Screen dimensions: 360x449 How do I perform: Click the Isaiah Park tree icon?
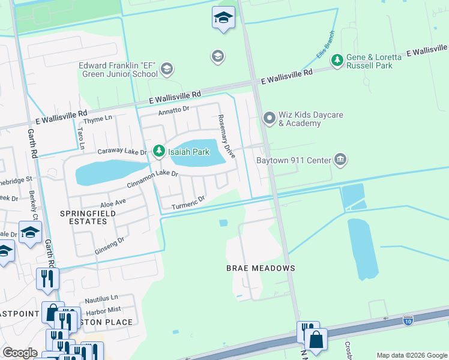pyautogui.click(x=159, y=151)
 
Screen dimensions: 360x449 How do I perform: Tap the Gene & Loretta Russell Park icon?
pyautogui.click(x=337, y=59)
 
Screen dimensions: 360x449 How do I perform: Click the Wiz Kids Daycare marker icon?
pyautogui.click(x=269, y=117)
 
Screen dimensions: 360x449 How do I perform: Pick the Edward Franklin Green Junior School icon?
pyautogui.click(x=167, y=68)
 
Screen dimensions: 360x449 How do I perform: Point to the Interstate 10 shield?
pyautogui.click(x=408, y=320)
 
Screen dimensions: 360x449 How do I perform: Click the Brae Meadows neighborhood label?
pyautogui.click(x=260, y=268)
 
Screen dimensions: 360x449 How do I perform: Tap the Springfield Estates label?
pyautogui.click(x=83, y=217)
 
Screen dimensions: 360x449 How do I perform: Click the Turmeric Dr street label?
pyautogui.click(x=188, y=203)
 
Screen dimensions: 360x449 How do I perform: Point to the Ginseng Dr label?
pyautogui.click(x=109, y=245)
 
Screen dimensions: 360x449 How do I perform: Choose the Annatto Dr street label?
pyautogui.click(x=173, y=110)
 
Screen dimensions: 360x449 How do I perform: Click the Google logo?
pyautogui.click(x=20, y=353)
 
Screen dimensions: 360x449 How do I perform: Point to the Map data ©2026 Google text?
pyautogui.click(x=411, y=355)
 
